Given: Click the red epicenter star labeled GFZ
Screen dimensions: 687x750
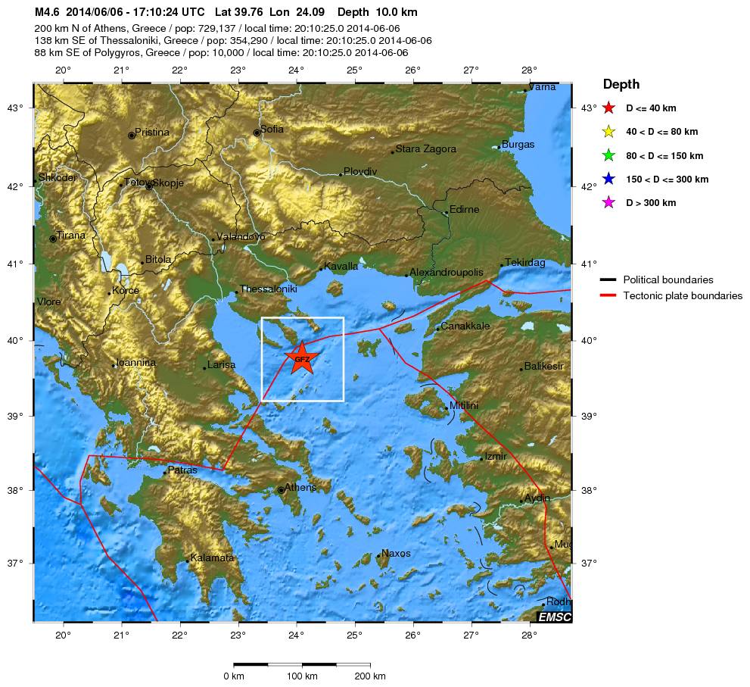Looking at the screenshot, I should tap(301, 358).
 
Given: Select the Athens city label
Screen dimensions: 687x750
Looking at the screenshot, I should tap(300, 487).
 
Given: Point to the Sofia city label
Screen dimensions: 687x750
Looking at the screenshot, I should tap(272, 129).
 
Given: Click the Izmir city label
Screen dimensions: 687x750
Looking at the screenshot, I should tap(495, 456).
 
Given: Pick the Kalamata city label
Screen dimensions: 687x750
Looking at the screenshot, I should tap(213, 557).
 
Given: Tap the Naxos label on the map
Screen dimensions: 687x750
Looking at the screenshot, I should tap(396, 553).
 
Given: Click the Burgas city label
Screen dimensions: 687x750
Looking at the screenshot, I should tap(518, 144).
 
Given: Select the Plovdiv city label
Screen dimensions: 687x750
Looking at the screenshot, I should tap(359, 171).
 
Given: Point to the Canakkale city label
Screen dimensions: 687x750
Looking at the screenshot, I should tap(465, 326).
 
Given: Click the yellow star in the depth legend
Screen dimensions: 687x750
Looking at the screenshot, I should tap(608, 132).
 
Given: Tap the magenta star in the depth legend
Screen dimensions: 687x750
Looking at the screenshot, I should tap(608, 203).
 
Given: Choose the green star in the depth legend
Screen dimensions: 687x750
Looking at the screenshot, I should tap(608, 156).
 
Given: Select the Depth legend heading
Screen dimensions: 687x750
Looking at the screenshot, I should tap(621, 85).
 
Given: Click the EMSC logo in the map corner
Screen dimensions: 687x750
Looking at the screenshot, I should tap(554, 617).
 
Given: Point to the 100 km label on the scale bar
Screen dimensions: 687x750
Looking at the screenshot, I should tap(302, 676).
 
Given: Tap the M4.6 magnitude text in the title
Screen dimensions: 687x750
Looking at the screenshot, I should tap(47, 13).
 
